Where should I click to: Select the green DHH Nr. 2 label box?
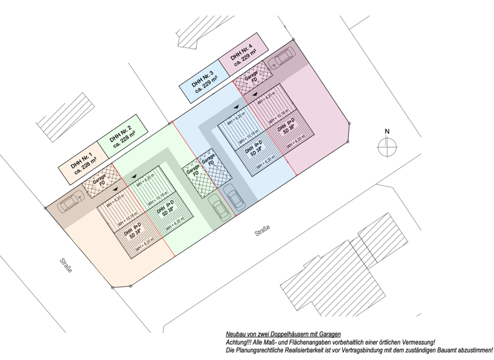pyautogui.click(x=122, y=136)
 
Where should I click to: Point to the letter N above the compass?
pyautogui.click(x=387, y=132)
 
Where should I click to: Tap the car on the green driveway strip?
pyautogui.click(x=219, y=208)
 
